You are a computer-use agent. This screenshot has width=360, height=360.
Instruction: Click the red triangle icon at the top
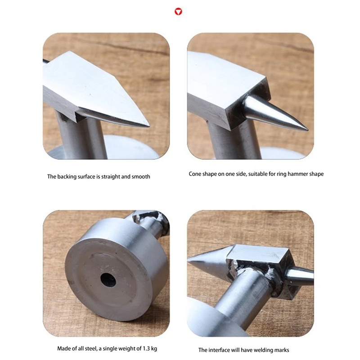tap(178, 12)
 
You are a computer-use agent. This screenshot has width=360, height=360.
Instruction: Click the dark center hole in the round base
tap(108, 280)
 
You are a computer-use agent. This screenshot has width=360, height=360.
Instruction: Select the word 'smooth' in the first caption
tap(141, 176)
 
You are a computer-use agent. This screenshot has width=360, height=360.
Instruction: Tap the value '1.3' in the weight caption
tap(147, 348)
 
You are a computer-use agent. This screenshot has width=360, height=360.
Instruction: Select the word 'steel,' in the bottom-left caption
tap(91, 349)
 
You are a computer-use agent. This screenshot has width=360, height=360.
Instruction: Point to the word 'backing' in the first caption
tap(67, 176)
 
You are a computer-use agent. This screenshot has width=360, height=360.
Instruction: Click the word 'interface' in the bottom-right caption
tap(219, 350)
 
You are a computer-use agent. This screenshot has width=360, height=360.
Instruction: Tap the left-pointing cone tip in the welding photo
tap(188, 261)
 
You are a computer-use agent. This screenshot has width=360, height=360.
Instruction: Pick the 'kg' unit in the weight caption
tap(154, 349)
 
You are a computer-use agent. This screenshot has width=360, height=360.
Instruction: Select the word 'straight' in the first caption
tap(111, 176)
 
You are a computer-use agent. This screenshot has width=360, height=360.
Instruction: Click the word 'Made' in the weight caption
tap(63, 348)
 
